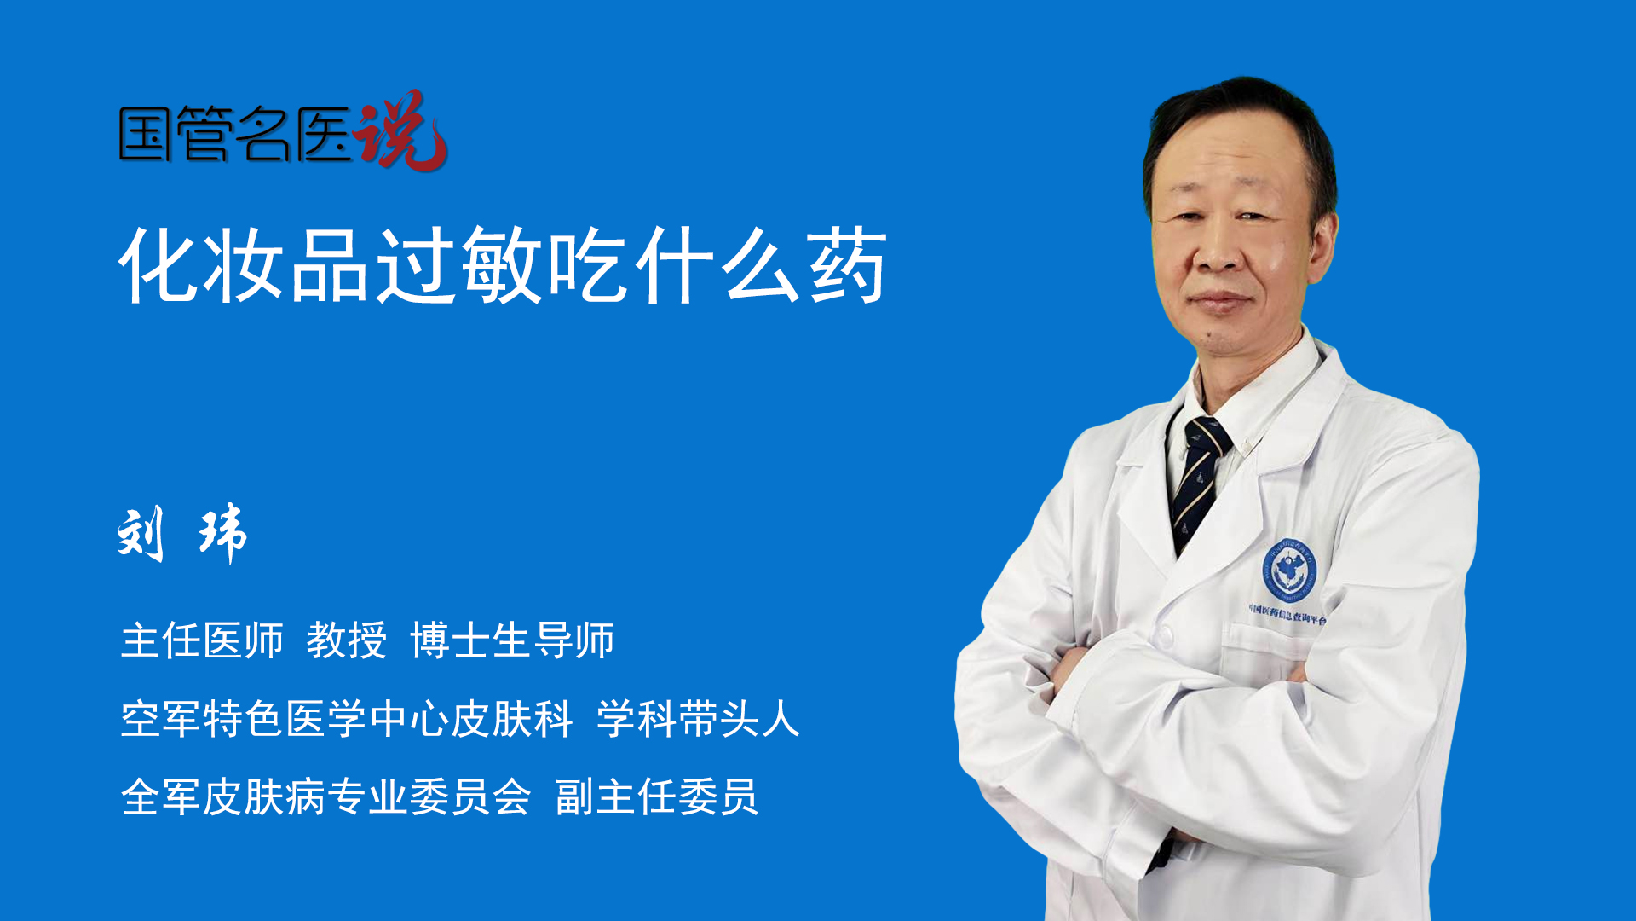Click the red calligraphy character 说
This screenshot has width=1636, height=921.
click(400, 130)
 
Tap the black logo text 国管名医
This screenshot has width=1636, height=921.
click(235, 134)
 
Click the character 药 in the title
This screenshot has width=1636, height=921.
click(848, 265)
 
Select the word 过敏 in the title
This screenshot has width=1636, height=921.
click(460, 265)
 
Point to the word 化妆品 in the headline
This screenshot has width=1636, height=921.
click(244, 265)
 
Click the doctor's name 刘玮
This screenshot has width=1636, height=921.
click(182, 534)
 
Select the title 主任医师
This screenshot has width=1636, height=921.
click(202, 640)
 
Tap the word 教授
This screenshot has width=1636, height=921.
click(347, 640)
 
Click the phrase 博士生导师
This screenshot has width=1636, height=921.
click(512, 640)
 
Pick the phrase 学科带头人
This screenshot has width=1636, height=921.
click(698, 719)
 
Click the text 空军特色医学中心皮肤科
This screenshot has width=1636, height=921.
click(347, 719)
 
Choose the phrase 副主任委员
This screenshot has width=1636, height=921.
click(657, 797)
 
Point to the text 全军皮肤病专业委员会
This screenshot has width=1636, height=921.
click(325, 797)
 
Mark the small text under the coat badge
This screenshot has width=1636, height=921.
click(1287, 614)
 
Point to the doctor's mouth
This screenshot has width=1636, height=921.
click(1220, 301)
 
